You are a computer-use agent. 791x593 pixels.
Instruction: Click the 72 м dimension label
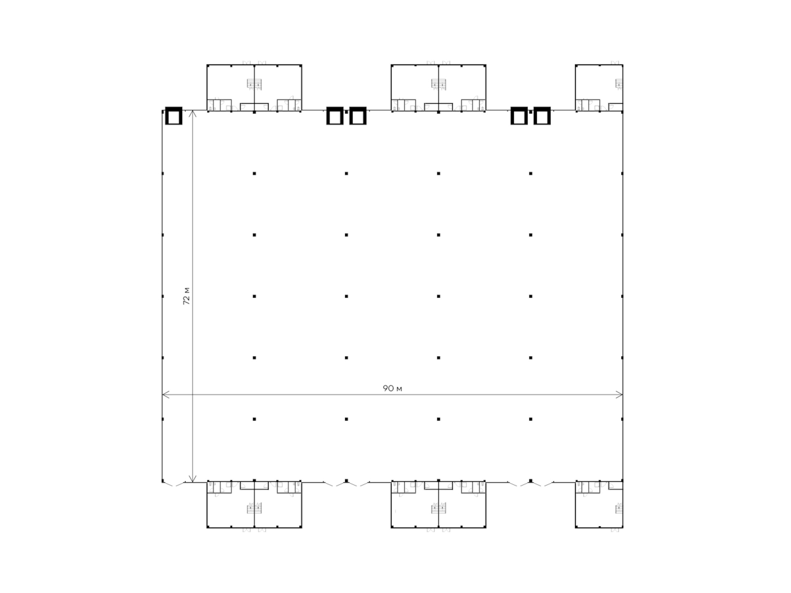(187, 296)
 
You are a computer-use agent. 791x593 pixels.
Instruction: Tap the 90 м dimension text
(392, 388)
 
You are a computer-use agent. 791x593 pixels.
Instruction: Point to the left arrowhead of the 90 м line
(166, 395)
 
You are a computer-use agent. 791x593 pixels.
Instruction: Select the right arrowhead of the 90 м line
(619, 395)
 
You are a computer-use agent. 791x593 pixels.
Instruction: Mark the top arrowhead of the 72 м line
(192, 114)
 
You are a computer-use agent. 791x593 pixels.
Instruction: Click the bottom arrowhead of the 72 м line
(192, 478)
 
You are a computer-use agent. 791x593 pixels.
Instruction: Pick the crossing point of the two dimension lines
(192, 395)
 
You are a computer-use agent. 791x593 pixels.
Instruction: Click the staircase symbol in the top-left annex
(254, 84)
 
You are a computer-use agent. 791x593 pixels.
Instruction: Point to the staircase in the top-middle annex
(438, 84)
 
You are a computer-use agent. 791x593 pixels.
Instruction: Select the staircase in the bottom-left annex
(254, 509)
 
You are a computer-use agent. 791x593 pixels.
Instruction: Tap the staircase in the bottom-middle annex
(438, 509)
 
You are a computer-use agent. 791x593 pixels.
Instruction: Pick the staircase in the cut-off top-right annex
(619, 84)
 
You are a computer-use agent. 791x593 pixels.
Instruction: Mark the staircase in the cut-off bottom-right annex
(619, 509)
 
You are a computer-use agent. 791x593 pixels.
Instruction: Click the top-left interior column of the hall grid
(254, 173)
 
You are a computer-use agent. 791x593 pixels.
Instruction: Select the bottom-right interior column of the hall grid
(531, 419)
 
